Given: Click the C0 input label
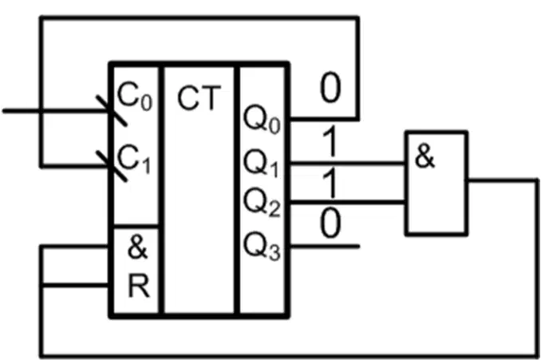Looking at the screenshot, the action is (x=135, y=97).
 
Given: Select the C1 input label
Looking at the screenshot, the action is (x=134, y=159).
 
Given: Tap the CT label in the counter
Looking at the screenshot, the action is (x=199, y=97).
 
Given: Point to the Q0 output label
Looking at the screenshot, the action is (x=262, y=120).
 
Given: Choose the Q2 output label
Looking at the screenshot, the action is (x=262, y=204).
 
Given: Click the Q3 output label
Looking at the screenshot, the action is (x=262, y=247).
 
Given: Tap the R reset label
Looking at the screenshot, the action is (x=139, y=286).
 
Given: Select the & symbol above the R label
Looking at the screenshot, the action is (x=138, y=247).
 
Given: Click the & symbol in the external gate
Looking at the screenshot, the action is (x=425, y=156).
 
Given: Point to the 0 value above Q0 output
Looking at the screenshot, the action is (x=330, y=87).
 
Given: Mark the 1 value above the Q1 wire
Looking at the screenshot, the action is (x=330, y=141).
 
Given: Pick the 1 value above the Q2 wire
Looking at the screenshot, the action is (x=330, y=183).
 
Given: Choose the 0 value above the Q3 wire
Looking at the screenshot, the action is (x=330, y=224).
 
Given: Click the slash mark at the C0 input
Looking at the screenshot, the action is (x=112, y=111).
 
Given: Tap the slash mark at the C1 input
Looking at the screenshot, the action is (x=112, y=166).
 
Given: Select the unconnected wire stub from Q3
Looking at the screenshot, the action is (x=324, y=247).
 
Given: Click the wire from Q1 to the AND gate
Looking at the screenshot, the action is (x=348, y=162).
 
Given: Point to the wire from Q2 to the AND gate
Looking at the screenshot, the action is (x=348, y=202).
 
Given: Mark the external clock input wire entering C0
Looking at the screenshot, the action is (x=57, y=111).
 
